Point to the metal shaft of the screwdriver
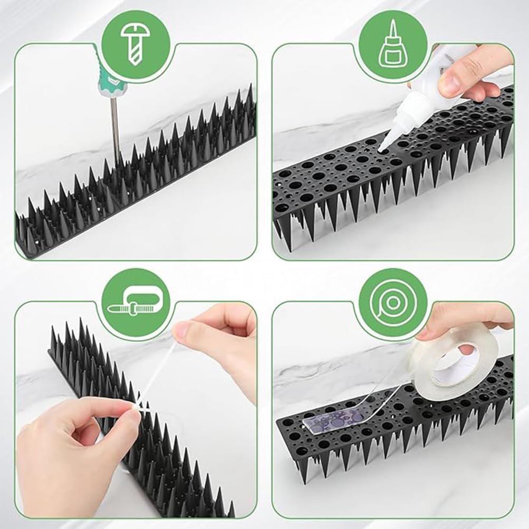114,127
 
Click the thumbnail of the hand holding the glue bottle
450,82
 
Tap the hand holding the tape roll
464,316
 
